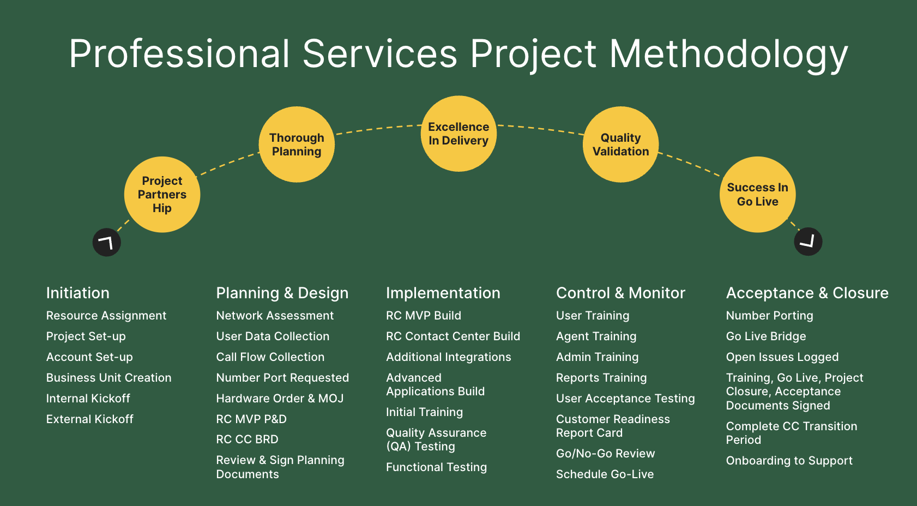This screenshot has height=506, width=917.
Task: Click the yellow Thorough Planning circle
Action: pyautogui.click(x=297, y=144)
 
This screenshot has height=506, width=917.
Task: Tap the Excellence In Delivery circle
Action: pyautogui.click(x=458, y=134)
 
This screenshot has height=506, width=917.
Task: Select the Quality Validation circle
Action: pyautogui.click(x=620, y=144)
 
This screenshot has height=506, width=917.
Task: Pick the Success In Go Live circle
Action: pyautogui.click(x=757, y=195)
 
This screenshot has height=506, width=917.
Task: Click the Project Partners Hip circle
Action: pyautogui.click(x=162, y=195)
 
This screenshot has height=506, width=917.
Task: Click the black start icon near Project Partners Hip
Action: pyautogui.click(x=107, y=242)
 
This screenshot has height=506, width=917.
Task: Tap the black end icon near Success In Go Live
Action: pyautogui.click(x=808, y=242)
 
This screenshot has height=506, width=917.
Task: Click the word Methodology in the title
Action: pyautogui.click(x=728, y=54)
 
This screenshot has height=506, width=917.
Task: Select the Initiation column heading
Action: pyautogui.click(x=78, y=293)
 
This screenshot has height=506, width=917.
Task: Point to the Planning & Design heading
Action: pyautogui.click(x=282, y=293)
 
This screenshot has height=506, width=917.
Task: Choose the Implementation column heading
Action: pyautogui.click(x=443, y=293)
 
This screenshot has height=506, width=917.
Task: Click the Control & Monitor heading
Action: pyautogui.click(x=620, y=293)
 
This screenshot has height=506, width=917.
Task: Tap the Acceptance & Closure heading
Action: pyautogui.click(x=807, y=293)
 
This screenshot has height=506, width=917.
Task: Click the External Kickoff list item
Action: pyautogui.click(x=90, y=419)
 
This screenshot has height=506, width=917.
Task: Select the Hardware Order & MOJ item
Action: pyautogui.click(x=280, y=398)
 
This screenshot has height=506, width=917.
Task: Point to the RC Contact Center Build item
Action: pyautogui.click(x=453, y=336)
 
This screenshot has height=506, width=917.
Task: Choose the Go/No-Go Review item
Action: pyautogui.click(x=605, y=453)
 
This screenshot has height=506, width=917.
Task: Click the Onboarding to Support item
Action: pyautogui.click(x=789, y=460)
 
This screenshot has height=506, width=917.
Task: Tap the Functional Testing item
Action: pyautogui.click(x=436, y=467)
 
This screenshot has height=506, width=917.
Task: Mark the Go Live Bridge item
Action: pyautogui.click(x=765, y=336)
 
